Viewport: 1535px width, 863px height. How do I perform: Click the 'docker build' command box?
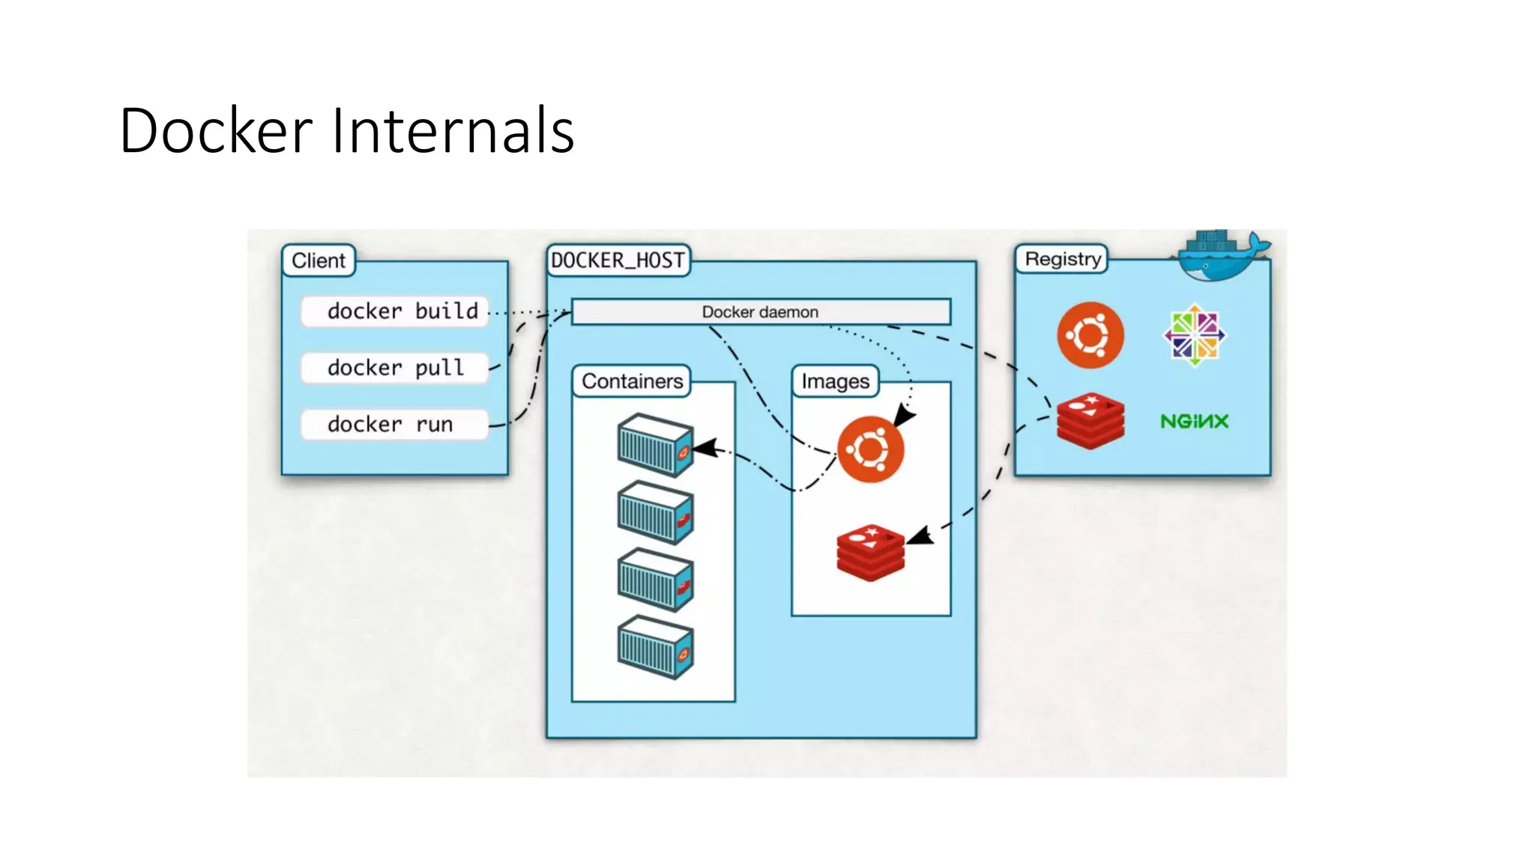click(395, 311)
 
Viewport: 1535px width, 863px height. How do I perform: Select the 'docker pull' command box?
click(395, 368)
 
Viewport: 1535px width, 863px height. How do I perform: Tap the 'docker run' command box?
click(395, 424)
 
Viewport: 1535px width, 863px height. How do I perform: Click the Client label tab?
click(319, 261)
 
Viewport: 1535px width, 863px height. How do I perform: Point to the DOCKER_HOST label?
click(618, 261)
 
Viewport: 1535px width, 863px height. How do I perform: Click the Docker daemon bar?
click(760, 312)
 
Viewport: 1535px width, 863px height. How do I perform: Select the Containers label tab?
click(632, 381)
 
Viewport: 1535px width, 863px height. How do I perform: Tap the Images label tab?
click(835, 381)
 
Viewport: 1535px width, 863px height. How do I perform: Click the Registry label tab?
click(1062, 259)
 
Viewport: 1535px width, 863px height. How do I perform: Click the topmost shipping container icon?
click(655, 445)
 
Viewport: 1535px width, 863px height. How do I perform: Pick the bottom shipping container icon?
click(655, 647)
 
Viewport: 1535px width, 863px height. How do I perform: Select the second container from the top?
click(655, 512)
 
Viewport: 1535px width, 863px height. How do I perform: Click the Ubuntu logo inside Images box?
click(870, 449)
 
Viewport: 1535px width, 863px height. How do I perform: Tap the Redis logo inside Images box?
click(870, 552)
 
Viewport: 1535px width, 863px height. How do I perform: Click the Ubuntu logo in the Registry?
click(1090, 335)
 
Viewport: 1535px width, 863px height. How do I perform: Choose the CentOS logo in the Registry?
click(1194, 335)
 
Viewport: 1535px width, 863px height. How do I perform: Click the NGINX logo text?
click(1194, 421)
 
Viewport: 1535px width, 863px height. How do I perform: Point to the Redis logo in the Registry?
click(1090, 421)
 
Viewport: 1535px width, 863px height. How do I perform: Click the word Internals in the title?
click(452, 131)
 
